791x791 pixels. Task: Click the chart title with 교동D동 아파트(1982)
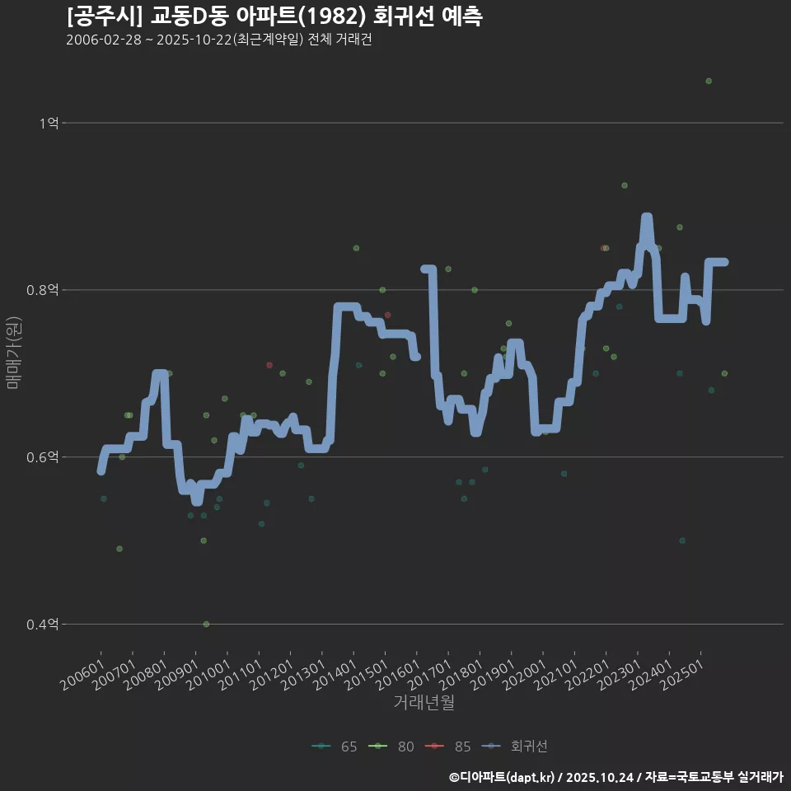pyautogui.click(x=274, y=16)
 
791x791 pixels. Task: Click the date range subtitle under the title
pyautogui.click(x=219, y=40)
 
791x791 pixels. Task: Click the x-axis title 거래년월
pyautogui.click(x=424, y=702)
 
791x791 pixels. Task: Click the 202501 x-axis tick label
pyautogui.click(x=683, y=672)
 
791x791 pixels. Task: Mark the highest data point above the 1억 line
pyautogui.click(x=709, y=81)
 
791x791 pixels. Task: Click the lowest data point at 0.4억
pyautogui.click(x=206, y=624)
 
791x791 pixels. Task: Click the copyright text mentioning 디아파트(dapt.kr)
pyautogui.click(x=615, y=776)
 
